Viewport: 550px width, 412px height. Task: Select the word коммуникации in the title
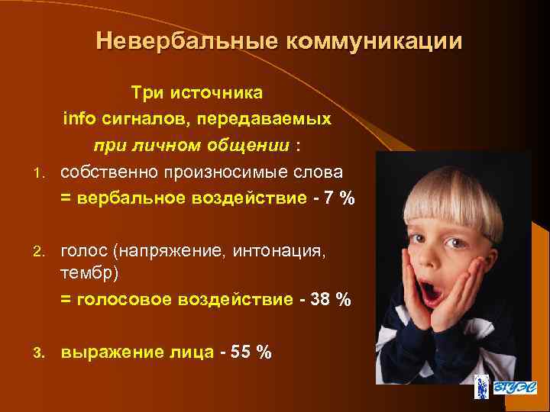(x=374, y=40)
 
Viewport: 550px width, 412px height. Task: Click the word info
(x=77, y=119)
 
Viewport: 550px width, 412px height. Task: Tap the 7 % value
(x=339, y=198)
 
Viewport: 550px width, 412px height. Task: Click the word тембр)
(x=88, y=272)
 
